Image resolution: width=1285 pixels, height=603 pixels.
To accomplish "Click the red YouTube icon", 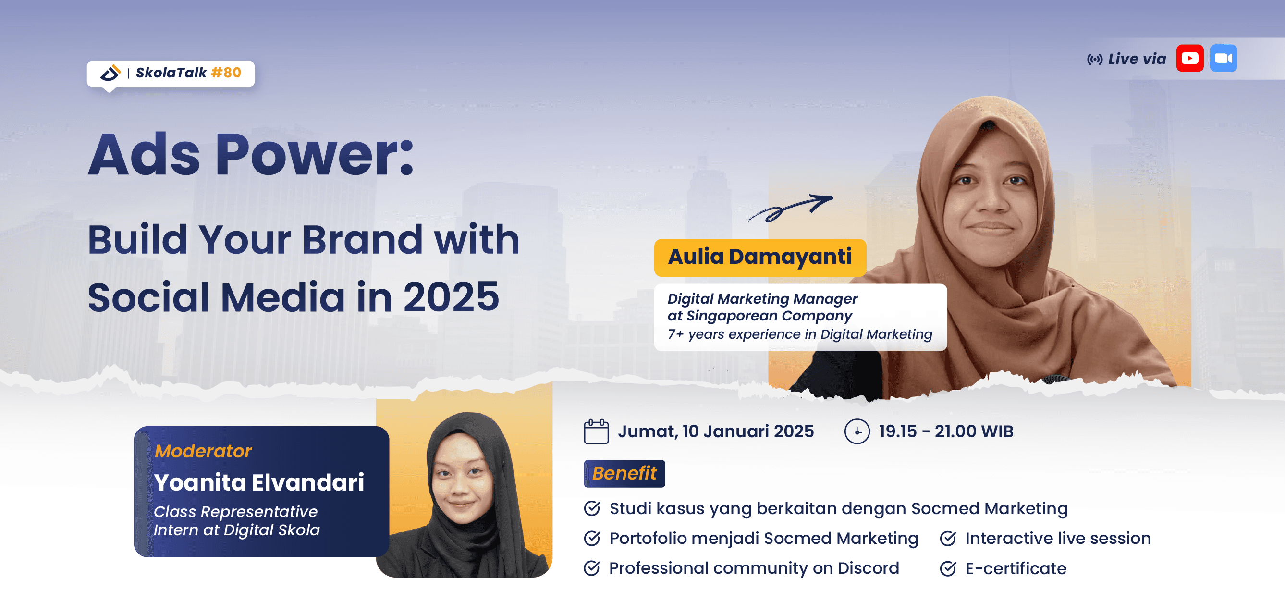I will point(1189,58).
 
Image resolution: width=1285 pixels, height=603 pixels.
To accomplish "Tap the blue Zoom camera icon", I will point(1223,58).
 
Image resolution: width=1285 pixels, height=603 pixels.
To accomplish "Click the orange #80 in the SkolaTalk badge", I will point(226,73).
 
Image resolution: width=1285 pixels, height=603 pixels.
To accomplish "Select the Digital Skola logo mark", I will point(110,73).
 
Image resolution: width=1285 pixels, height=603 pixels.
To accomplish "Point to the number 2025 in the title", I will point(451,297).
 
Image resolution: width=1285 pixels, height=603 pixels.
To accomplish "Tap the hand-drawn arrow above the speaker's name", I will point(791,207).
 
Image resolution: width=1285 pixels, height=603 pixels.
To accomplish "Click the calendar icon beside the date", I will point(596,431).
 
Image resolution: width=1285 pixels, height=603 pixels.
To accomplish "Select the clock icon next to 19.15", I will point(857,431).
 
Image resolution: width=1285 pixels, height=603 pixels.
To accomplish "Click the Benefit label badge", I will point(624,473).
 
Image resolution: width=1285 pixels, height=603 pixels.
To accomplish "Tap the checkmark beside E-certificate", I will point(948,568).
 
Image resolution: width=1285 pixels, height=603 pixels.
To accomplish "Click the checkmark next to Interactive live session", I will point(948,539).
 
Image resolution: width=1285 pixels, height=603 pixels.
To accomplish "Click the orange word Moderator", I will point(203,451).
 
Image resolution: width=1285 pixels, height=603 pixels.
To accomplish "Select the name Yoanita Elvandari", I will point(259,482).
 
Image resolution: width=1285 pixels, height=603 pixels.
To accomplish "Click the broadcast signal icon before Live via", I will point(1094,60).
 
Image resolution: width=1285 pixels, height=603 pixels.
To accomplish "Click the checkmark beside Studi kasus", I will point(592,509).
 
